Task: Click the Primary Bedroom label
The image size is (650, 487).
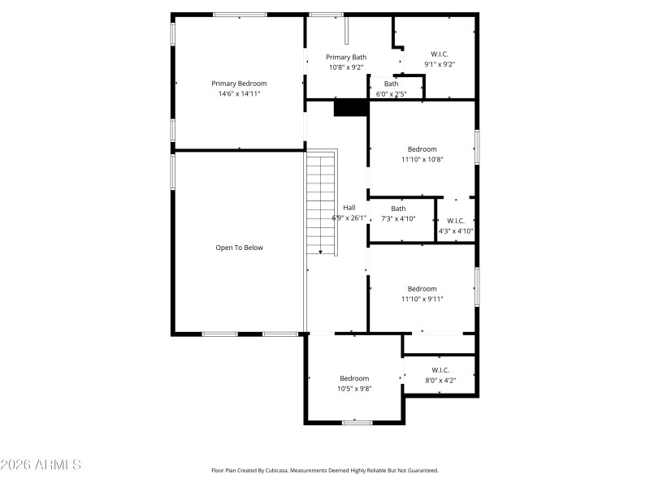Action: point(239,84)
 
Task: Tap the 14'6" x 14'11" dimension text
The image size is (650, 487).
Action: point(239,94)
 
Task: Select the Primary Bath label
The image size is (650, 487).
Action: point(346,57)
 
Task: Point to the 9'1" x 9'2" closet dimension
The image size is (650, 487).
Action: point(439,63)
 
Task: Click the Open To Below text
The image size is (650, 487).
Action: point(239,248)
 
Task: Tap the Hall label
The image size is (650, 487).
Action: point(349,207)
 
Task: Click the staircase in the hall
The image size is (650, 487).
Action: point(322,203)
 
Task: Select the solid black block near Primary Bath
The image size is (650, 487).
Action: point(351,107)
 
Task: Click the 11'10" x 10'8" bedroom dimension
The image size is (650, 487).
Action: point(422,159)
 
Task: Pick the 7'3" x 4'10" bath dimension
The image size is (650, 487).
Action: point(398,218)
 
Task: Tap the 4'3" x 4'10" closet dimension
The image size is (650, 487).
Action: point(456,231)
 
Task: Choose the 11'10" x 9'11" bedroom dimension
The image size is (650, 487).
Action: point(422,299)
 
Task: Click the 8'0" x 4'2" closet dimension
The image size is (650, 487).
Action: point(440,380)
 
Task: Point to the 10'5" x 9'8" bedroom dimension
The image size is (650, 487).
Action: point(354,389)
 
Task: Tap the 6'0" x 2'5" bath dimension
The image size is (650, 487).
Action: point(391,94)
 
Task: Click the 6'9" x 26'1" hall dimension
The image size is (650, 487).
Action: point(349,218)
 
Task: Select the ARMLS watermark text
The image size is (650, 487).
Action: point(41,465)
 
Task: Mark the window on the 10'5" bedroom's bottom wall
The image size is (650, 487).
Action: point(357,422)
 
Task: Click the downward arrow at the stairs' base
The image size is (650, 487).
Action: point(321,252)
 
